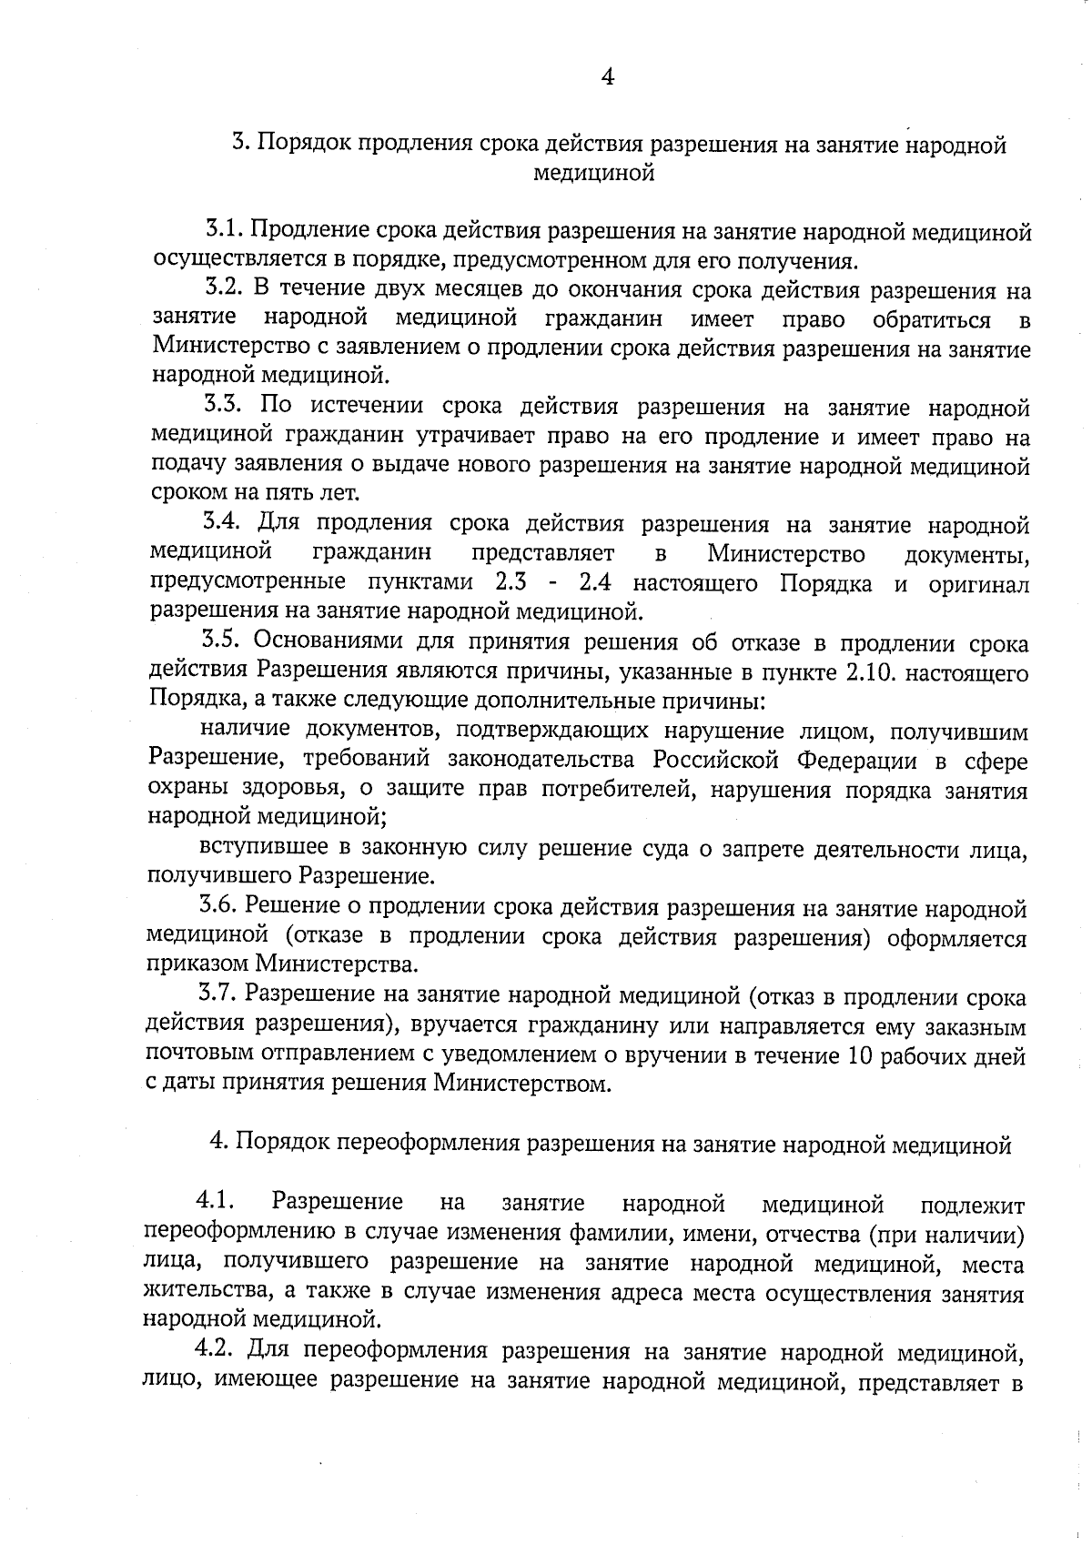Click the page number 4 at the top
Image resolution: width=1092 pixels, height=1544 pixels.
tap(608, 78)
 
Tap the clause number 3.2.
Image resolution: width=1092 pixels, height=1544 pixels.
tap(221, 290)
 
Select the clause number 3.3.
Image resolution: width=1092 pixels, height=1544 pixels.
tap(221, 407)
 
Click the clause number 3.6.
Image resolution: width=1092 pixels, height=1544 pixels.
tap(218, 908)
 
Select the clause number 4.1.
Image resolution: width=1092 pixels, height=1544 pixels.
tap(216, 1203)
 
